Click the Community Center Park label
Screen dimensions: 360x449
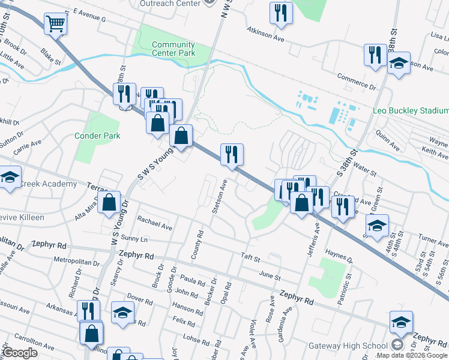(173, 49)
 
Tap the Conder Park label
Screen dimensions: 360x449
(97, 136)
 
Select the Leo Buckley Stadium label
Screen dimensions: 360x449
(411, 111)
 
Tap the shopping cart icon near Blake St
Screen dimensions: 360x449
(55, 25)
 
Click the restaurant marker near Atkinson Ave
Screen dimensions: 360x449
(281, 13)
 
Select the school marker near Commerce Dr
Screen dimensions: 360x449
(398, 64)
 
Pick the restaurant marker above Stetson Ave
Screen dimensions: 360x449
(231, 155)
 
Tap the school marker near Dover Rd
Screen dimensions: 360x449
(122, 313)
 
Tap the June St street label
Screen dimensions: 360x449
(270, 277)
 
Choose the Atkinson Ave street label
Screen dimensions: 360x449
(265, 32)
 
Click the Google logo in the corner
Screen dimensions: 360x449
(20, 353)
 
